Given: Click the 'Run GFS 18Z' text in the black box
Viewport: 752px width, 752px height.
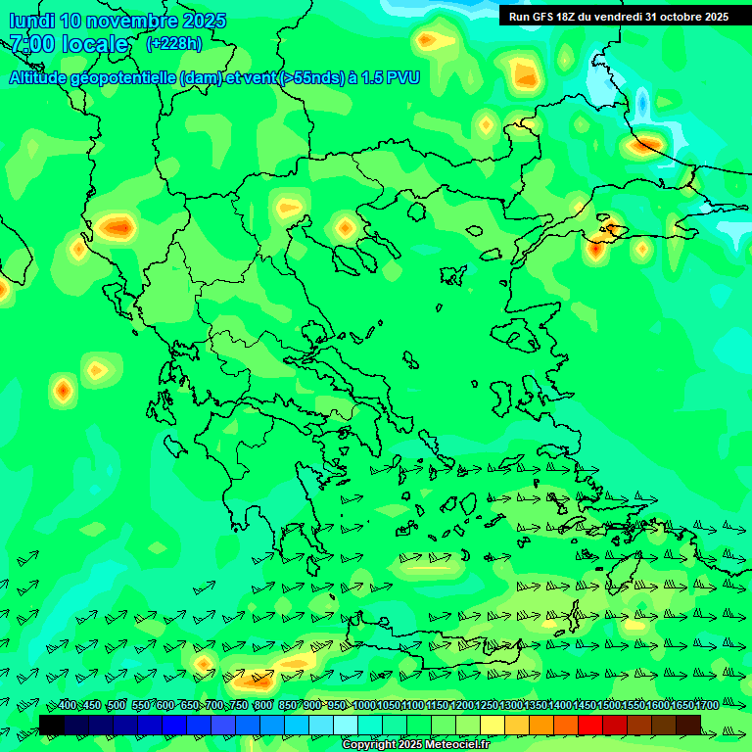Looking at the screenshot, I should (x=540, y=17).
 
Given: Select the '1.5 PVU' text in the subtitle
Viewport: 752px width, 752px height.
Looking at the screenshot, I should (x=390, y=77).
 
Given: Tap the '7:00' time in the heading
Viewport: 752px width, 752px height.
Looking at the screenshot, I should (x=29, y=44).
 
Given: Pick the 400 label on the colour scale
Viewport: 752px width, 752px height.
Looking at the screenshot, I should (x=67, y=706).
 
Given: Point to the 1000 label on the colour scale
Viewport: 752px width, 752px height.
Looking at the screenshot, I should (x=364, y=706).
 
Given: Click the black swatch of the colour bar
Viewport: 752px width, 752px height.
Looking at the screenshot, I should (x=51, y=725).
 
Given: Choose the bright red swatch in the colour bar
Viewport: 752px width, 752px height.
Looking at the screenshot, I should (x=589, y=725).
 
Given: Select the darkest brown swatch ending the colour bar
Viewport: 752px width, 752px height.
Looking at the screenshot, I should (x=688, y=725).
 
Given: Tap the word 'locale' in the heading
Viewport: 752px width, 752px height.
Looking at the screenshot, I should (x=96, y=44).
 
